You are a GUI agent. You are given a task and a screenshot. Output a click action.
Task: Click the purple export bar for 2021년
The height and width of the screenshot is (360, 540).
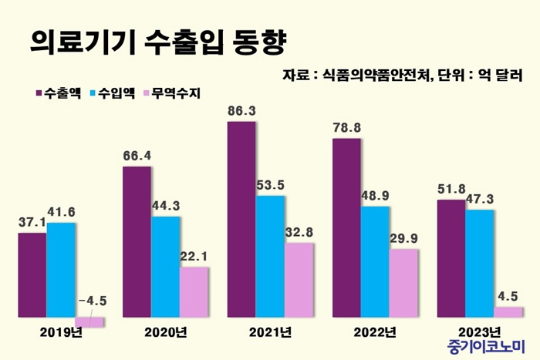(241, 219)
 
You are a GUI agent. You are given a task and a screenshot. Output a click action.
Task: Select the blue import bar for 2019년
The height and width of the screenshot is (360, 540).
(61, 269)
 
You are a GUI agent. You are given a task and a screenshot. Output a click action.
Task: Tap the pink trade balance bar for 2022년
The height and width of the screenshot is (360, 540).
(403, 282)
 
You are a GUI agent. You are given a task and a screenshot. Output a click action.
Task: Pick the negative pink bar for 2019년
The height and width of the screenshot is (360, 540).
(89, 321)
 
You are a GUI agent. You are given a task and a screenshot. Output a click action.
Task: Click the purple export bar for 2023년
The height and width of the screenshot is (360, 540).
(451, 257)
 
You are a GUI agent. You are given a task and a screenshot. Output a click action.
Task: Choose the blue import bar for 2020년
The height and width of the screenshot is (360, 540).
(166, 266)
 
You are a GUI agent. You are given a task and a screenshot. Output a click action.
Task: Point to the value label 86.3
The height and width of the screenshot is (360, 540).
(242, 111)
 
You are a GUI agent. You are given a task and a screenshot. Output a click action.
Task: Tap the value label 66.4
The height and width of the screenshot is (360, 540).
(137, 156)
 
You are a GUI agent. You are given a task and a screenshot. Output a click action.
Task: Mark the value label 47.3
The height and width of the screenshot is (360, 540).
(481, 199)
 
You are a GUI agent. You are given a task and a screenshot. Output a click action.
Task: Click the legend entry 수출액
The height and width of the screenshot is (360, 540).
(59, 94)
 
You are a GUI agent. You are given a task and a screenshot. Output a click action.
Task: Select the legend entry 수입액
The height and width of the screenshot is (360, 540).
(113, 94)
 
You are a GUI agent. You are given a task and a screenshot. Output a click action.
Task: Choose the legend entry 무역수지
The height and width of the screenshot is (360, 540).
(171, 94)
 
